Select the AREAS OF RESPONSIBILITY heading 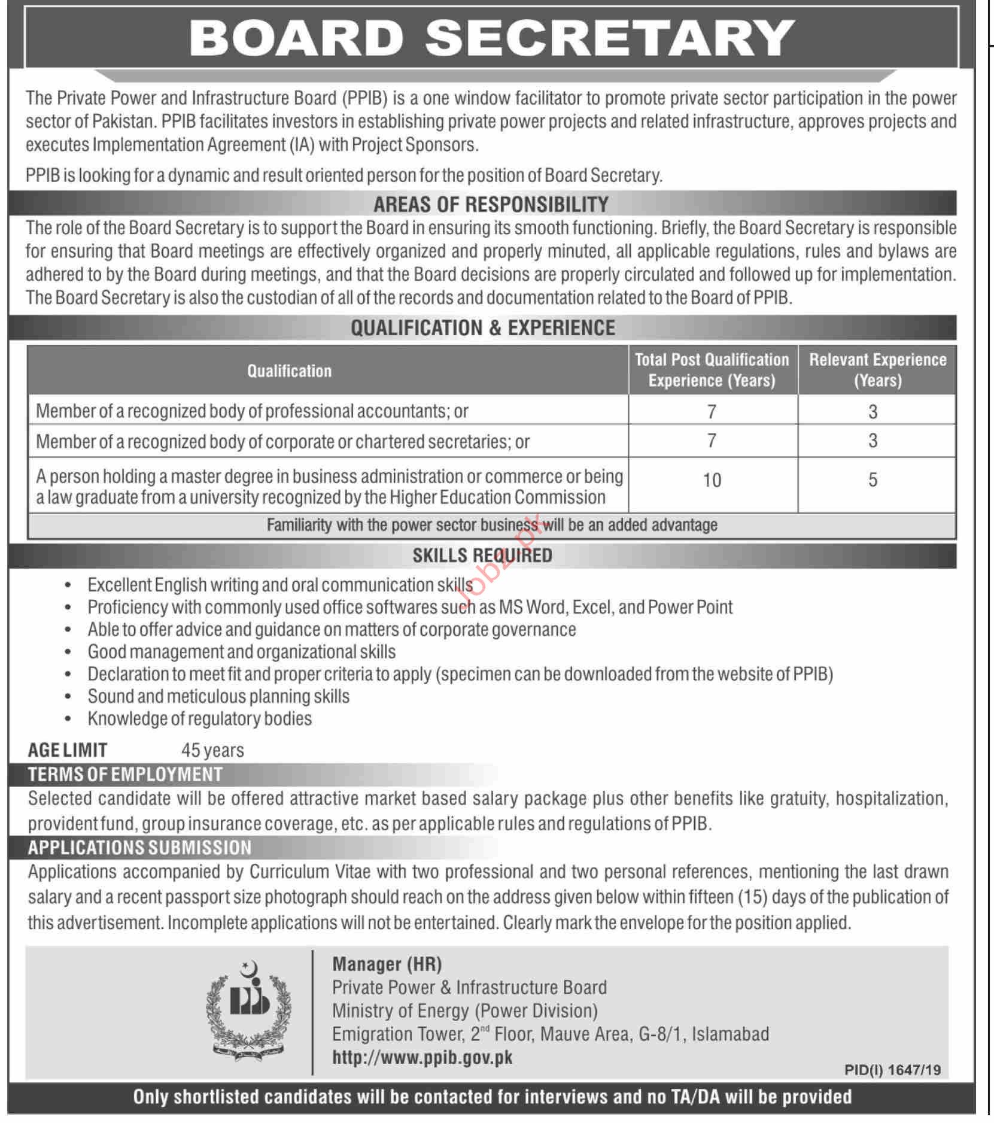tap(491, 204)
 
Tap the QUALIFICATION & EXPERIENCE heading tap(482, 328)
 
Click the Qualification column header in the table tap(289, 371)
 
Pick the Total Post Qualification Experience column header tap(712, 370)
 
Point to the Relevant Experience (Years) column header tap(877, 370)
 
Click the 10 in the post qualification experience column tap(712, 480)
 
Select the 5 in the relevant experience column tap(873, 480)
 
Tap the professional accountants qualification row tap(252, 411)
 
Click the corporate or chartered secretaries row tap(282, 442)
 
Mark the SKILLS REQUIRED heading tap(482, 556)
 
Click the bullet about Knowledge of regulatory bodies tap(199, 718)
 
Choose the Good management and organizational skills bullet tap(241, 651)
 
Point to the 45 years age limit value tap(212, 750)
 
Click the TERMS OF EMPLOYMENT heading tap(125, 775)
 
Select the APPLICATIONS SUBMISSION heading tap(139, 848)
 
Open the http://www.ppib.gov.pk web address tap(422, 1058)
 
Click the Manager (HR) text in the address tap(387, 964)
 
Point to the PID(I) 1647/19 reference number tap(892, 1070)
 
